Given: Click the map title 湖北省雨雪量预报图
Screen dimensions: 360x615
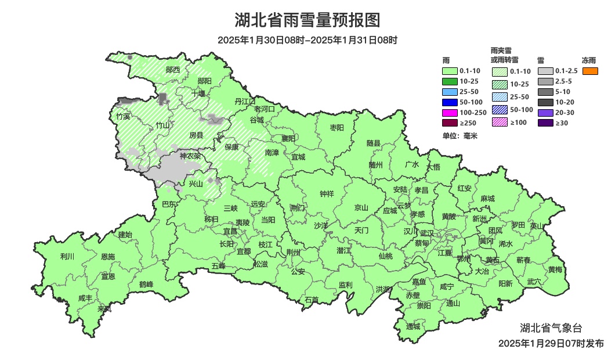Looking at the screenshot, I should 307,20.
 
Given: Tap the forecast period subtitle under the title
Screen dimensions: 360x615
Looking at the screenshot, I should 307,40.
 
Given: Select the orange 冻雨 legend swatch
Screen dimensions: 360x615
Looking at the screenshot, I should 590,71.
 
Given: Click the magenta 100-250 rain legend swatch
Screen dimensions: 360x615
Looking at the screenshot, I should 450,112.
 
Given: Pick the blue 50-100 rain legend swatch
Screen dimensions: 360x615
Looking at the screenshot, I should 450,102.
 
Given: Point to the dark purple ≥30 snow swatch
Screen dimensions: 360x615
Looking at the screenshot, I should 545,123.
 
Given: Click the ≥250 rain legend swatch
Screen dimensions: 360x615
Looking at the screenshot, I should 450,123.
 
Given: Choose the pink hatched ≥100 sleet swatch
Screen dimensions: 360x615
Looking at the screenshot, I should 500,122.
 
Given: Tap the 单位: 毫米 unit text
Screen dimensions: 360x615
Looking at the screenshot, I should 460,136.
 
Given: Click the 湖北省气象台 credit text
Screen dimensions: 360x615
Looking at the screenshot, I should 551,327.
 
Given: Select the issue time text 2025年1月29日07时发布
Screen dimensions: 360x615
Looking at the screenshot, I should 551,344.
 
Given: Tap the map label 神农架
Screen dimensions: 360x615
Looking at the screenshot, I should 190,156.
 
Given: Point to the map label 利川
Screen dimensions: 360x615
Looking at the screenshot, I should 67,256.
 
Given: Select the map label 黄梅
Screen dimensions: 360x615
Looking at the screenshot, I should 555,269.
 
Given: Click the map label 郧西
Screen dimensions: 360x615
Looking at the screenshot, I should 172,70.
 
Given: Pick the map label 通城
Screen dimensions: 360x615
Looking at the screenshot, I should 413,326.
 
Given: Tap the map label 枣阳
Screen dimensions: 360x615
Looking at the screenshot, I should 337,127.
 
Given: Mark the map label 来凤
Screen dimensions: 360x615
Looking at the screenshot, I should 104,309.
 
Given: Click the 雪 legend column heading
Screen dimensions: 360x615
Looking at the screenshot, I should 540,60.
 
